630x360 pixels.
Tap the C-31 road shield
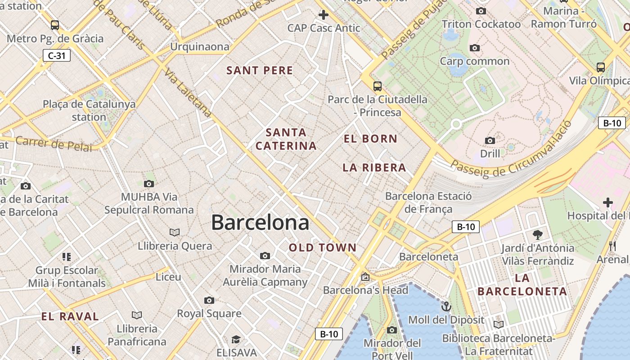57,56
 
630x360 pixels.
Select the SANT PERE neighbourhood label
260,71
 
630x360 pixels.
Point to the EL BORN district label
370,139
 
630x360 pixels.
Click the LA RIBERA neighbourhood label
374,168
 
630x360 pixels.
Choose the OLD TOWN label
323,247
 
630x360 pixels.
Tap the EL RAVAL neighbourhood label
70,316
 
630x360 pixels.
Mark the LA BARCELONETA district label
522,284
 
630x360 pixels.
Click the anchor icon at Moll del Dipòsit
446,307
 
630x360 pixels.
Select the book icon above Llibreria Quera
175,232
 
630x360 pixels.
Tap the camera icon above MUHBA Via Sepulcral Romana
149,184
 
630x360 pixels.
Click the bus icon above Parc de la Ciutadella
378,86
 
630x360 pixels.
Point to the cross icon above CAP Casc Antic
324,15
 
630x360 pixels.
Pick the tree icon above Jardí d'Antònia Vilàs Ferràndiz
537,234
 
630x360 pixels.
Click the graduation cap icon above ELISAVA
236,339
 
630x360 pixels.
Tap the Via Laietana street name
188,92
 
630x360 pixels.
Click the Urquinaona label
199,47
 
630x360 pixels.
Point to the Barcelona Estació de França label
428,202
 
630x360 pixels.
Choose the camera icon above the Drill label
490,141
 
